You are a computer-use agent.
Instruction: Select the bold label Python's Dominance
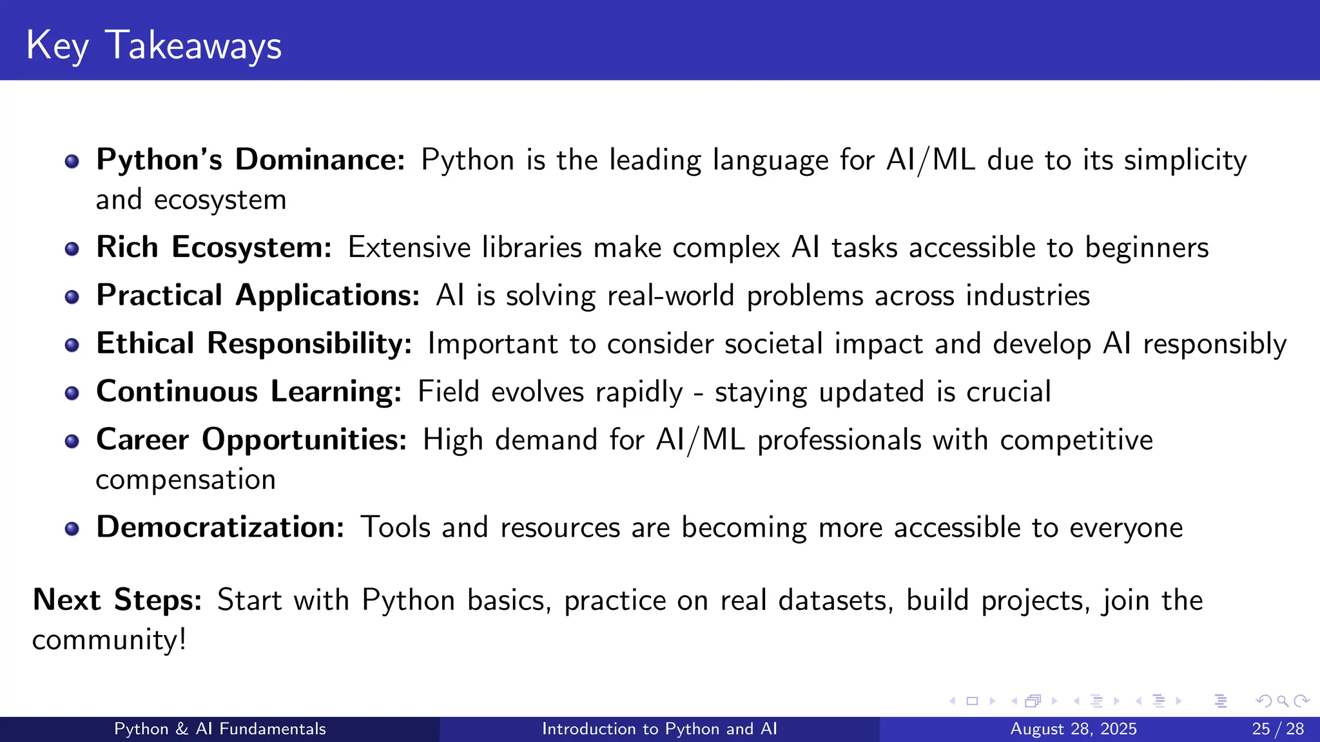click(250, 160)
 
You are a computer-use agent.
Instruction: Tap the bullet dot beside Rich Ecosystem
click(72, 249)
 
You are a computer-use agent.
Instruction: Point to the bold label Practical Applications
click(258, 296)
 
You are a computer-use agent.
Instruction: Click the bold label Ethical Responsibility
click(254, 343)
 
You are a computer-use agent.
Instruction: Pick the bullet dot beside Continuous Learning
click(72, 393)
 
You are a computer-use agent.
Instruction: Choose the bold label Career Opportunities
click(251, 440)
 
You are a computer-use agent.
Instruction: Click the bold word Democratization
click(220, 527)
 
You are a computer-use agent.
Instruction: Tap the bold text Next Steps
click(117, 600)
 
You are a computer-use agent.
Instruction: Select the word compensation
click(186, 480)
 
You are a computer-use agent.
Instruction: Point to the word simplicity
click(1185, 161)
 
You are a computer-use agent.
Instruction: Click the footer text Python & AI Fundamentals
click(220, 728)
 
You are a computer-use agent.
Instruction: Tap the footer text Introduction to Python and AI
click(659, 728)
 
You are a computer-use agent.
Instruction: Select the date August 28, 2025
click(1073, 728)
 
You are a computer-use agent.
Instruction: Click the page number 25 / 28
click(1277, 728)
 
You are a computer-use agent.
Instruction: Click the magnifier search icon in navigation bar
click(1283, 701)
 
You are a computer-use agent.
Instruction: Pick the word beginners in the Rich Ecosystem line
click(1147, 248)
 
